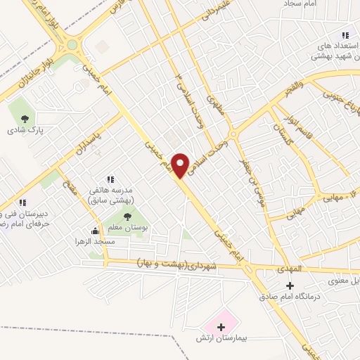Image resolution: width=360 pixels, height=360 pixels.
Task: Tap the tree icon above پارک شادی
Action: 25,119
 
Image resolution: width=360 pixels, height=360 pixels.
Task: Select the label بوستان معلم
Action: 127,227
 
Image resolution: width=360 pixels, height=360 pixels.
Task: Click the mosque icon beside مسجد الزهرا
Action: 95,231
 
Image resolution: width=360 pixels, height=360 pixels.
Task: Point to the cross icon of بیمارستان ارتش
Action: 221,327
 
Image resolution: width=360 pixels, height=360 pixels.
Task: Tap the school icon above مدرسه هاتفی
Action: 110,180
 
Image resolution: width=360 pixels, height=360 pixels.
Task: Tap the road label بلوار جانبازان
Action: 25,79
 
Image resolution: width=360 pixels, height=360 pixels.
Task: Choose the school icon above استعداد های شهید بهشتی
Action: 345,35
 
